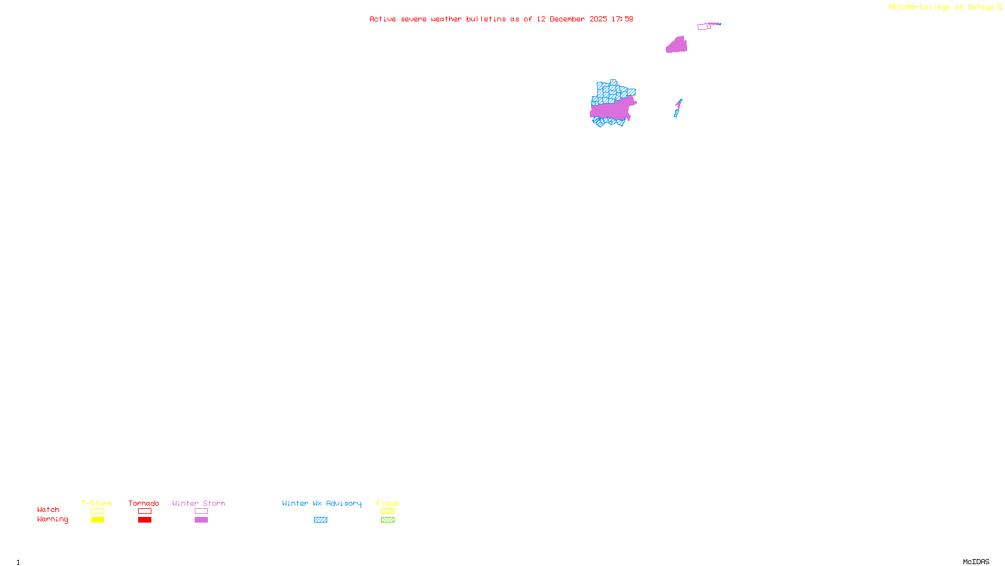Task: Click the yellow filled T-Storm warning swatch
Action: pos(97,520)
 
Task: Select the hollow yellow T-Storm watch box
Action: pos(97,511)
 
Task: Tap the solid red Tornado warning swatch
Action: pos(144,520)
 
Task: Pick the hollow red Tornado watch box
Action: pos(144,511)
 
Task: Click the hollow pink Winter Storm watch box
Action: pos(201,511)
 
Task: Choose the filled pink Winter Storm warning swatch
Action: pos(201,520)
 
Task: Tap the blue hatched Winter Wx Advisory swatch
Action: pos(320,520)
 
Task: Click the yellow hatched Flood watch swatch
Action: pos(388,511)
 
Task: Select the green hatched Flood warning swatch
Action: pos(388,520)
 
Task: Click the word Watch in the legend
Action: pos(48,510)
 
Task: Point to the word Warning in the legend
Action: pos(52,519)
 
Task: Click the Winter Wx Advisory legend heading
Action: pos(322,503)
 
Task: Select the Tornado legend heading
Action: pos(144,503)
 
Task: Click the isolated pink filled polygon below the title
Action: pos(677,45)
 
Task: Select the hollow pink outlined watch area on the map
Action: pos(703,26)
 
